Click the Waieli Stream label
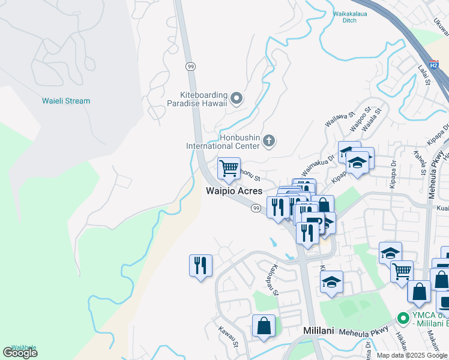coord(66,101)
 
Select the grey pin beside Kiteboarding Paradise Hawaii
coord(237,98)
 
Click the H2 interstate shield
coord(434,65)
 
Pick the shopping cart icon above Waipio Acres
coord(229,169)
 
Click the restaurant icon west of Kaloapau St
coord(200,265)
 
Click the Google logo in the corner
coord(20,353)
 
